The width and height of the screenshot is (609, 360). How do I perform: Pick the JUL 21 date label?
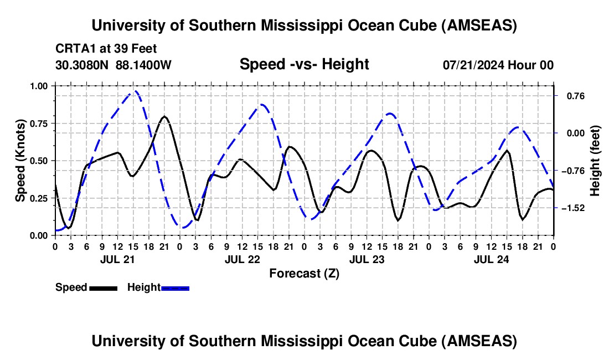(x=117, y=259)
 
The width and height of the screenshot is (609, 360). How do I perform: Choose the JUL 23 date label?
(x=366, y=259)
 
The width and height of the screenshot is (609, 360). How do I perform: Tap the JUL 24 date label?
(x=491, y=259)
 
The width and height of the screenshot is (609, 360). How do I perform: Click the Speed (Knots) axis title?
(x=20, y=160)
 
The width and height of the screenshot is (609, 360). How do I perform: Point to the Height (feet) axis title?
(x=596, y=161)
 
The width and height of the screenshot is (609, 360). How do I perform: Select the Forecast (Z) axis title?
(x=304, y=273)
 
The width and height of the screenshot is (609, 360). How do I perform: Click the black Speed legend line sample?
(x=102, y=287)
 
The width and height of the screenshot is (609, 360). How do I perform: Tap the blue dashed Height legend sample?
(x=175, y=287)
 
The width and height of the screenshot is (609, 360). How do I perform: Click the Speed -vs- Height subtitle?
(x=304, y=64)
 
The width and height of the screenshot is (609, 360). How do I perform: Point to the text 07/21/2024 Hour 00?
(x=498, y=65)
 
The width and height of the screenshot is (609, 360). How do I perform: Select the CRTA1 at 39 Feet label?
(x=106, y=49)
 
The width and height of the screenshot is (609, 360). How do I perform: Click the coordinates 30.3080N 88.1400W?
(x=113, y=65)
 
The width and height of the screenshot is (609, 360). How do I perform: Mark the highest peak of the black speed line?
(x=164, y=116)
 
